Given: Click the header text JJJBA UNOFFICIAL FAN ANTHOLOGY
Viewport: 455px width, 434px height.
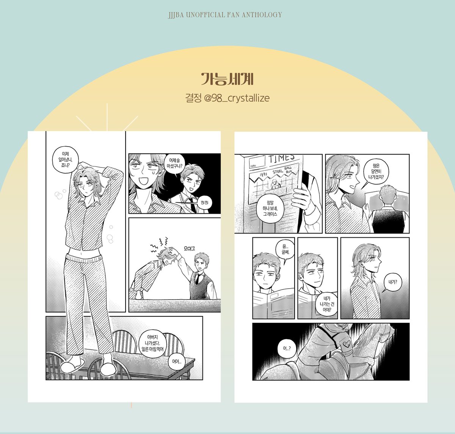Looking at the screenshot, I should (225, 15).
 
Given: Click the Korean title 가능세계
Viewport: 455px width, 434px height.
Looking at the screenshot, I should (227, 79).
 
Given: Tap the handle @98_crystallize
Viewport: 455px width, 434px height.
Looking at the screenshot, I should (236, 98).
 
